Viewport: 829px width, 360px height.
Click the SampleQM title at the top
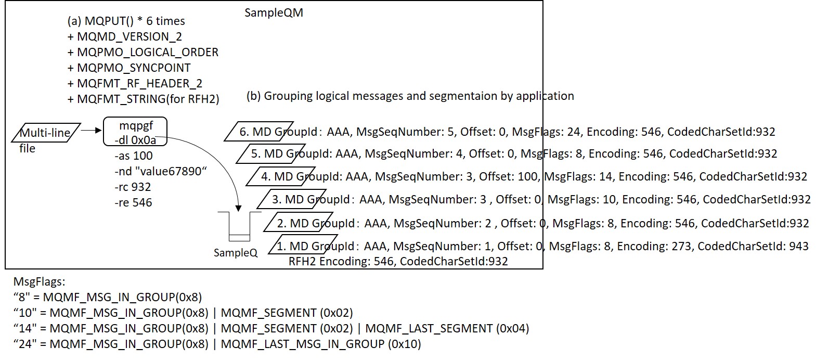coord(274,12)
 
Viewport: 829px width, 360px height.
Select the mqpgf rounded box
coord(135,132)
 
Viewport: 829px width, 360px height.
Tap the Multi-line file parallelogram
coord(46,133)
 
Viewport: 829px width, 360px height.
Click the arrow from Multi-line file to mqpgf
coord(91,130)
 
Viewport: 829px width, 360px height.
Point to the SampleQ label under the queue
coord(236,253)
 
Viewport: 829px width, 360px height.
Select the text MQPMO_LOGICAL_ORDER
coord(148,52)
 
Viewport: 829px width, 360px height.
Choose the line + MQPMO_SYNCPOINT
coord(129,68)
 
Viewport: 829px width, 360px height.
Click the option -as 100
coord(133,156)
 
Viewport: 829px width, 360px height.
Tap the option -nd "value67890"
coord(161,171)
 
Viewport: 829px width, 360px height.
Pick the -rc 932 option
coord(133,187)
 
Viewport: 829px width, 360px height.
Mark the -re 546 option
coord(133,202)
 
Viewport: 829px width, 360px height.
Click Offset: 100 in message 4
coord(509,176)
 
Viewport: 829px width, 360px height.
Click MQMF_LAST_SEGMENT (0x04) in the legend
coord(447,328)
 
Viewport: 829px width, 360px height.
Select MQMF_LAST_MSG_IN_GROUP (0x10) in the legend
coord(321,344)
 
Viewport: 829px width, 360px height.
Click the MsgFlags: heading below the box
coord(39,282)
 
